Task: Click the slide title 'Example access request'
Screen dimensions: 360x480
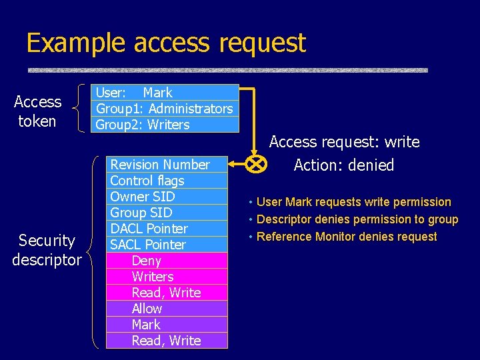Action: coord(165,43)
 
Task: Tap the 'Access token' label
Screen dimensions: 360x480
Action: coord(37,111)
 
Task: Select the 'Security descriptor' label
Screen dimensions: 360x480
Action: coord(47,250)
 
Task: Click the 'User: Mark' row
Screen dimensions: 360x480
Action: coord(165,93)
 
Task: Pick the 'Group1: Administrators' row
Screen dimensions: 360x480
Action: coord(165,109)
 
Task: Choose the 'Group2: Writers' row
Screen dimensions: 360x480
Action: coord(165,125)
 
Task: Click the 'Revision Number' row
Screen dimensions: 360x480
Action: coord(167,165)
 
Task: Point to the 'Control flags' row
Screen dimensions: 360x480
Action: coord(167,181)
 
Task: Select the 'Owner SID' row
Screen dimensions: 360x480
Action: coord(167,197)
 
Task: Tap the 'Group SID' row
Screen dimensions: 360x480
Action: coord(167,213)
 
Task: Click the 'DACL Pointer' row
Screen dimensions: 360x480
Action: coord(167,229)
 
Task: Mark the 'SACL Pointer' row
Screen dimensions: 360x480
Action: coord(167,245)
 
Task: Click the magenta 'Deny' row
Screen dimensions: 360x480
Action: coord(167,261)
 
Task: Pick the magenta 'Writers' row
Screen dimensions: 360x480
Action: coord(167,277)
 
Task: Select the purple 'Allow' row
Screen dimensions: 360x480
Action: coord(167,309)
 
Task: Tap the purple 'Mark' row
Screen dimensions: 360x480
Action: coord(167,325)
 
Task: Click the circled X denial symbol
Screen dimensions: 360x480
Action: coord(255,164)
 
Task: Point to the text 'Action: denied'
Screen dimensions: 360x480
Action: coord(344,165)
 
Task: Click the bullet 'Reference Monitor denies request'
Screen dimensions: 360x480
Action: coord(347,237)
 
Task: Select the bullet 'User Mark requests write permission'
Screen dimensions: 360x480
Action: coord(353,202)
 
